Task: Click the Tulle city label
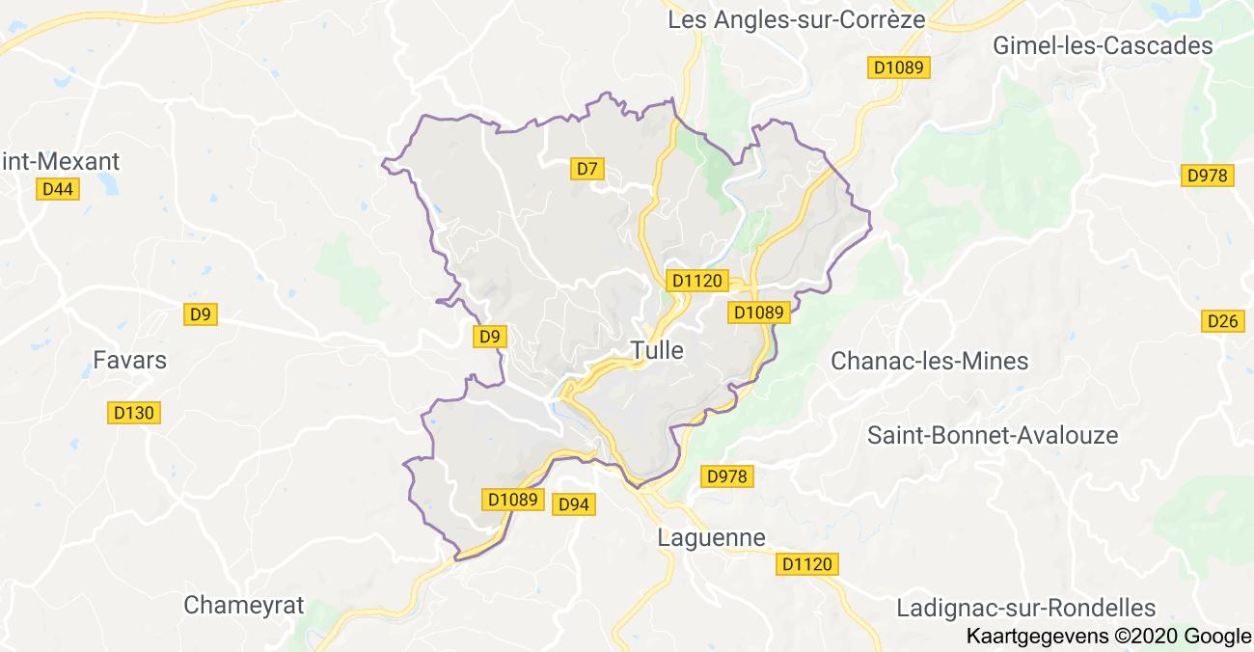[x=657, y=350]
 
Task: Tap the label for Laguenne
[x=711, y=537]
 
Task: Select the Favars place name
[x=130, y=361]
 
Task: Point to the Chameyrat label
[x=243, y=606]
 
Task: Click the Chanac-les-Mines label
[x=930, y=362]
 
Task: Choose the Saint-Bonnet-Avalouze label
[x=993, y=435]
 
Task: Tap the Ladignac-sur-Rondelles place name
[x=1026, y=608]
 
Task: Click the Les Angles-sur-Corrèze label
[x=797, y=19]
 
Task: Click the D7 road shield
[x=587, y=169]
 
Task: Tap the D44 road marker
[x=59, y=189]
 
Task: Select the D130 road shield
[x=133, y=413]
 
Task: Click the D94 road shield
[x=574, y=503]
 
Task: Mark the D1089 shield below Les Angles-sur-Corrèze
[x=898, y=68]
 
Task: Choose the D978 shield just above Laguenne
[x=726, y=475]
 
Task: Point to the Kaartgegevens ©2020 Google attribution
[x=1108, y=637]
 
